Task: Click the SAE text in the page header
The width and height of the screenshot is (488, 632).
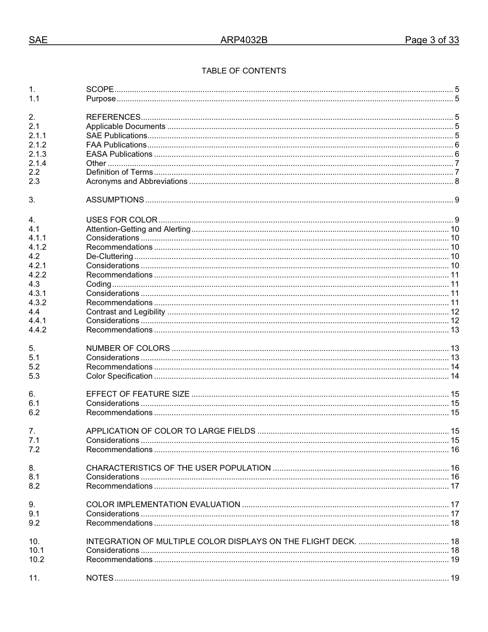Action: tap(38, 41)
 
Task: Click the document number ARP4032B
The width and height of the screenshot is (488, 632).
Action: tap(243, 41)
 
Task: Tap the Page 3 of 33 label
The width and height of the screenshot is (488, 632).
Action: tap(431, 41)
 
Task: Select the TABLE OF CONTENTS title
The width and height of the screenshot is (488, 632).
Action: tap(243, 71)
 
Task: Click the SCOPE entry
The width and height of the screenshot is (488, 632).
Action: tap(100, 90)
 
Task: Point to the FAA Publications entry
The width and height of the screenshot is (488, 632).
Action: tap(116, 145)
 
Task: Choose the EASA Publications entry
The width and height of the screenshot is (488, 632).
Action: tap(119, 154)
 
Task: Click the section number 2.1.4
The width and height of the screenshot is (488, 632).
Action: tap(37, 163)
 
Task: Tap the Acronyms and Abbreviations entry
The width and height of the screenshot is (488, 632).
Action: tap(137, 181)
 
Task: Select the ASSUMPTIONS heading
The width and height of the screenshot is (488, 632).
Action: tap(115, 200)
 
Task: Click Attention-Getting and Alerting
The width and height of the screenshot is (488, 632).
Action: tap(138, 229)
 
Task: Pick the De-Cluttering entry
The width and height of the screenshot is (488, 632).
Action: tap(109, 256)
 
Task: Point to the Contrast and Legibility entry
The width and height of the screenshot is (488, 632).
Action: tap(125, 312)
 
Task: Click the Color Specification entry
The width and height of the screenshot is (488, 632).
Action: tap(119, 376)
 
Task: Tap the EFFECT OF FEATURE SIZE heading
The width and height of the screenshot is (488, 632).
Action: tap(138, 394)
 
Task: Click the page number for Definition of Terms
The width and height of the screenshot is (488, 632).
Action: tap(457, 172)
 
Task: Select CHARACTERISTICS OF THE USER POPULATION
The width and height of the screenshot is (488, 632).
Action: tap(178, 468)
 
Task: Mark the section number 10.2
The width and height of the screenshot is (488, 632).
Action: tap(36, 560)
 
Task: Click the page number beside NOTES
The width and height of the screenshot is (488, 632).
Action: tap(455, 578)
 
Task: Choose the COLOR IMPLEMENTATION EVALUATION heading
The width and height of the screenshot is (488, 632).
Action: tap(163, 505)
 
